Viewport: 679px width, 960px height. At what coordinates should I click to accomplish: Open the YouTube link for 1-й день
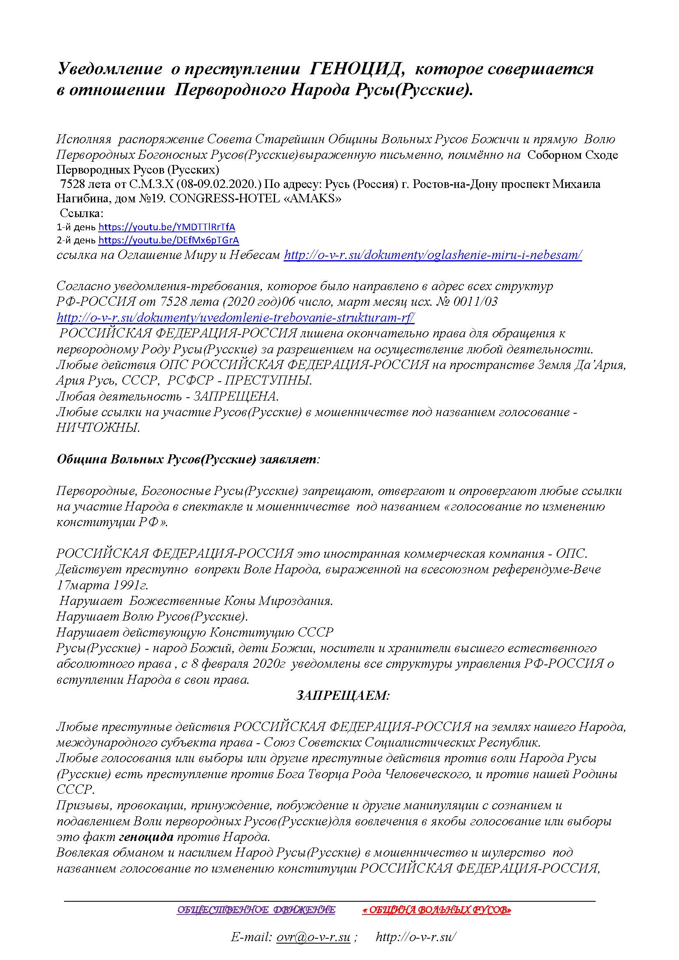click(x=166, y=227)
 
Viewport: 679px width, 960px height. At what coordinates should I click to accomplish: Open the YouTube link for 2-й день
click(x=168, y=240)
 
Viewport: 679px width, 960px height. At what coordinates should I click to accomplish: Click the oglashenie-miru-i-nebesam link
click(x=433, y=254)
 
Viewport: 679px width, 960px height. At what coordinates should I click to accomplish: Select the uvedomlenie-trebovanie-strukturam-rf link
click(x=235, y=317)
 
